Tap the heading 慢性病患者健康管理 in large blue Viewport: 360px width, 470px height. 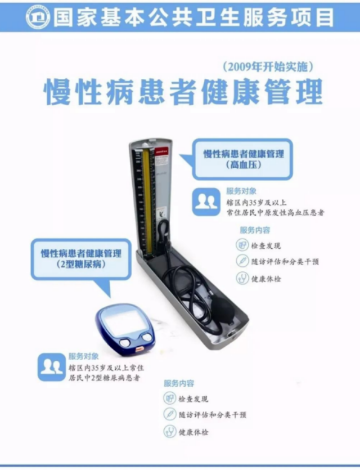click(183, 92)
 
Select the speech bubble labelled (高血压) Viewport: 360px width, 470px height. click(244, 159)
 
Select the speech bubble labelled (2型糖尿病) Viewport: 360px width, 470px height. click(82, 258)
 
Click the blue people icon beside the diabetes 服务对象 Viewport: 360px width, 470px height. click(51, 367)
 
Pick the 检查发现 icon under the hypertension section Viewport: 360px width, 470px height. click(242, 245)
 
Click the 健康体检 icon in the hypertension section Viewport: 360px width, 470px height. click(242, 278)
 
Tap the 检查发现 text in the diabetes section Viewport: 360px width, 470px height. click(193, 399)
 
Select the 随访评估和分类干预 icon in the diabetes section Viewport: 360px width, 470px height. click(170, 415)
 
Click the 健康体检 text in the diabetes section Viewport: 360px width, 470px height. click(193, 432)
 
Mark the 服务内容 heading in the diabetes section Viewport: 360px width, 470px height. click(179, 383)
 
